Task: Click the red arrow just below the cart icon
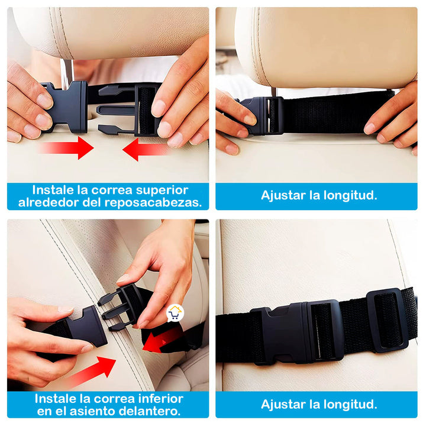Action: pos(162,340)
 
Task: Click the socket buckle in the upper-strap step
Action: pos(65,107)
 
